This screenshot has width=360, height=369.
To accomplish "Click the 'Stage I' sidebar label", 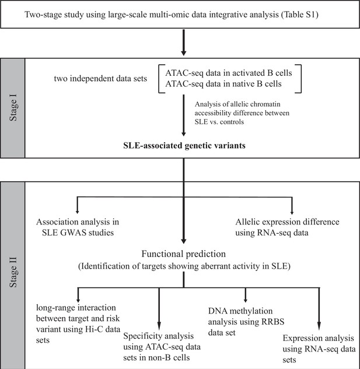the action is click(13, 107).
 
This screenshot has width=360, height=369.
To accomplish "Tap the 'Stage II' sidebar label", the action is click(13, 272).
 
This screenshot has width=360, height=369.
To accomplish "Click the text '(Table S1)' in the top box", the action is click(300, 15).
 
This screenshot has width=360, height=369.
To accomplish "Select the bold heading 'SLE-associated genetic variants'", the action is click(184, 145).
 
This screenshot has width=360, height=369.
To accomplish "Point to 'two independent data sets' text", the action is click(100, 78).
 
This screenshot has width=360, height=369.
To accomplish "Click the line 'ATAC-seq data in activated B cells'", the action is click(229, 73).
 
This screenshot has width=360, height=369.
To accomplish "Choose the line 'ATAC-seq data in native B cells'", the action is click(223, 84).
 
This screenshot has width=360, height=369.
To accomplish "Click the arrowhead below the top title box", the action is click(184, 52).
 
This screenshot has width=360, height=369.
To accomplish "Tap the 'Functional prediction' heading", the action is click(184, 254).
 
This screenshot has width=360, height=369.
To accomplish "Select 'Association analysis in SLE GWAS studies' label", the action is click(78, 227).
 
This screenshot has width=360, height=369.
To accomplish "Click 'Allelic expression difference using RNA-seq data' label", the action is click(287, 227).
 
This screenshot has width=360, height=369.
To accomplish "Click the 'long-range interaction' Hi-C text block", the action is click(78, 324).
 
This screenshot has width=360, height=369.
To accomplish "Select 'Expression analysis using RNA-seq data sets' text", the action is click(319, 349).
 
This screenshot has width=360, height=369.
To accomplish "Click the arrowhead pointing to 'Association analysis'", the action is click(77, 212).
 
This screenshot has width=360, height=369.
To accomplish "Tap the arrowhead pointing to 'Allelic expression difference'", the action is click(292, 212).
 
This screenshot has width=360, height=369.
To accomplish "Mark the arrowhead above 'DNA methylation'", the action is click(246, 300).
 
